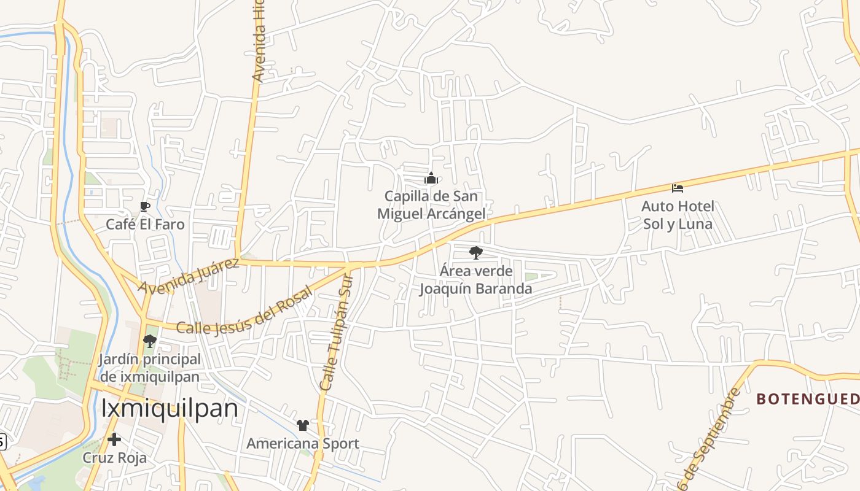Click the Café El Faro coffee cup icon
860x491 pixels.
[145, 206]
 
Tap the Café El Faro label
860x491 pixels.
[145, 224]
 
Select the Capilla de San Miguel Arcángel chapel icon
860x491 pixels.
[431, 179]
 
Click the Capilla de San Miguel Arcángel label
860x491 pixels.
[431, 205]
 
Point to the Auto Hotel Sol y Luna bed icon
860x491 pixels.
[678, 188]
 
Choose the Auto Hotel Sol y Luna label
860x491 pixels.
[678, 215]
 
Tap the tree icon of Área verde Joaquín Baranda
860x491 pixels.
[475, 252]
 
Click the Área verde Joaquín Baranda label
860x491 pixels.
[475, 279]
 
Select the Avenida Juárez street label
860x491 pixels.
[188, 276]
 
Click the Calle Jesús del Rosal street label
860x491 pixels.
[244, 311]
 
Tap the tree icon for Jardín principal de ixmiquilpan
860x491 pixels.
[149, 341]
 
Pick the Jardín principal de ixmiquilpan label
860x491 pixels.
[149, 368]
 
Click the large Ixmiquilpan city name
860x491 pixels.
[170, 408]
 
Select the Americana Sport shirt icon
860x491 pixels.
[303, 425]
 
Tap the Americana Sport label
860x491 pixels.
[303, 443]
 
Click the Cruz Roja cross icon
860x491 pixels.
[114, 439]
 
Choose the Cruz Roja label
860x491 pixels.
[115, 458]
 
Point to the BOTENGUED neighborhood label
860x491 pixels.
[807, 399]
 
